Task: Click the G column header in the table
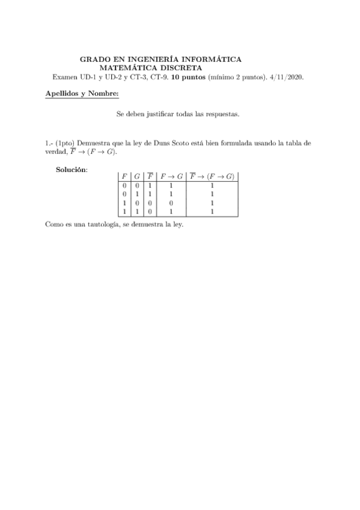point(137,177)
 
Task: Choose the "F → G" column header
point(171,177)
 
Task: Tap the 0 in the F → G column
point(171,203)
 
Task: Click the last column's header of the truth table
point(212,177)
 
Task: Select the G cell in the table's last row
point(137,211)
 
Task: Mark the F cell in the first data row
point(124,186)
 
